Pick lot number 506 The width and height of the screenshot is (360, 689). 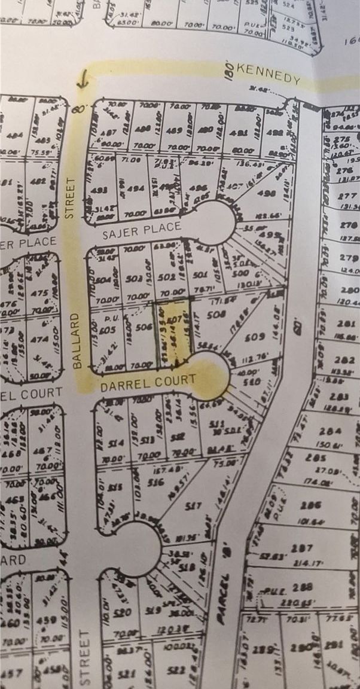tap(142, 327)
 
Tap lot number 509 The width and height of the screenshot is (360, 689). tap(255, 337)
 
